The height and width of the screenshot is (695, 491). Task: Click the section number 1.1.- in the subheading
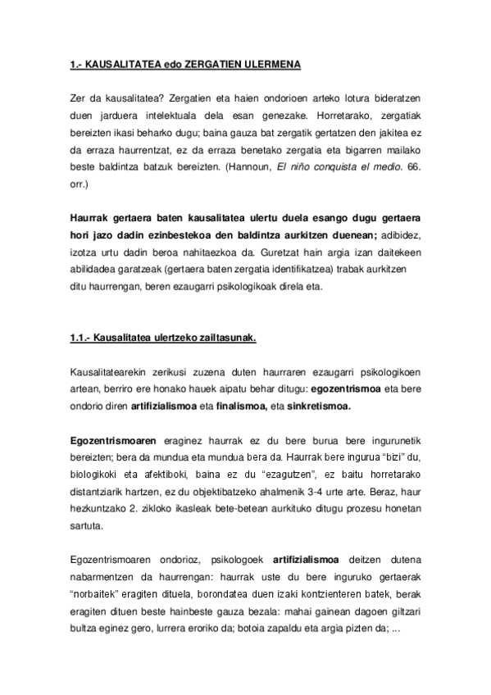point(80,339)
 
